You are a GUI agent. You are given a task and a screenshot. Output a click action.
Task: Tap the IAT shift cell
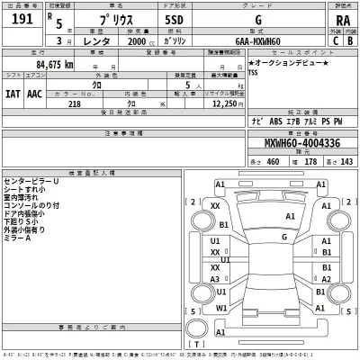pyautogui.click(x=13, y=91)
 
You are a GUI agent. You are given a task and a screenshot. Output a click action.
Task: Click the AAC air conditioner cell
pyautogui.click(x=35, y=91)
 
